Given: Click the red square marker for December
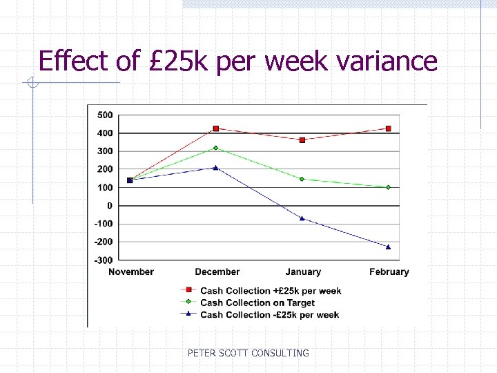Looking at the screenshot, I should (216, 128).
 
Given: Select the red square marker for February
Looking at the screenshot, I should (389, 128).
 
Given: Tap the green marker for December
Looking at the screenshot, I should (216, 148).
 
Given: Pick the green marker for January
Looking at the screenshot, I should (302, 179).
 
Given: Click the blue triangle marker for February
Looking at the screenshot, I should (389, 247).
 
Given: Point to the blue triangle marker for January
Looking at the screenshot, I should (302, 218).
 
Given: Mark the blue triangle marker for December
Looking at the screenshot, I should (216, 167).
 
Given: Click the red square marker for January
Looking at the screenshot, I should (302, 140).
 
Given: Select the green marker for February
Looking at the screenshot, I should (389, 187).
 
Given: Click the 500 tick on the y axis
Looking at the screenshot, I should (106, 115).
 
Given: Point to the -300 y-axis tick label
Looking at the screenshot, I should (104, 260).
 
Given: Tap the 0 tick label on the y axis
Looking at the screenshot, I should (109, 205).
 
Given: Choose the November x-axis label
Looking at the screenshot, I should (131, 272).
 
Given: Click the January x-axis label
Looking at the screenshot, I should (303, 272).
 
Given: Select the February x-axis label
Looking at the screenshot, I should (389, 272).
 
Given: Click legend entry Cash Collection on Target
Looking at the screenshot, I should (257, 303).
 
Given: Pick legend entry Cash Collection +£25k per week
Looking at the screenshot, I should (271, 291).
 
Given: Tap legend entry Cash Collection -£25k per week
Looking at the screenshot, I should (269, 314).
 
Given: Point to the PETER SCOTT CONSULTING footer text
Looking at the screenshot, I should (248, 353).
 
